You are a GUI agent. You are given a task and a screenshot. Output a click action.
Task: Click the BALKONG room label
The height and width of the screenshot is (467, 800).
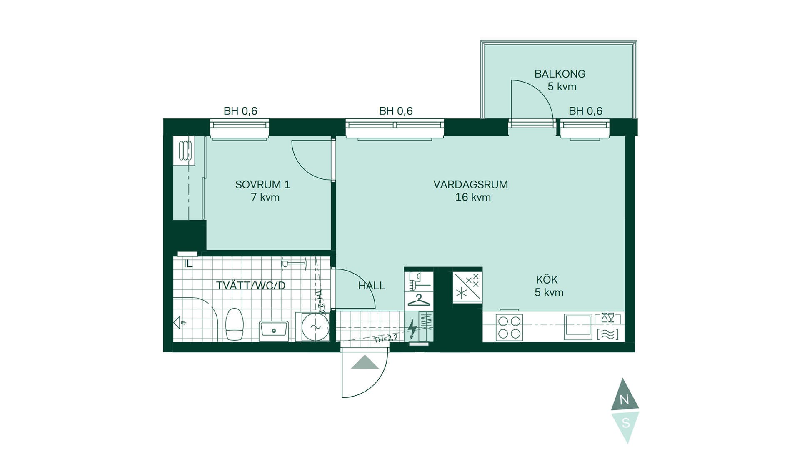560,74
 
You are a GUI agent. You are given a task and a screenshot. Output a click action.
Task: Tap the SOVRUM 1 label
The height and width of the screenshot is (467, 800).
262,184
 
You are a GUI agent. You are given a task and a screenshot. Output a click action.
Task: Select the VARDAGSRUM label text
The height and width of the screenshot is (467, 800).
470,184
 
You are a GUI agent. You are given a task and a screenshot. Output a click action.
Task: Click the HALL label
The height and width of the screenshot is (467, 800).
372,286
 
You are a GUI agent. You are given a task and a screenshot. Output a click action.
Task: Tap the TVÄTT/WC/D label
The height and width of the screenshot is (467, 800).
251,286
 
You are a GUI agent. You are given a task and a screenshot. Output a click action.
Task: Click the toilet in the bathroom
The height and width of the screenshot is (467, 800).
234,324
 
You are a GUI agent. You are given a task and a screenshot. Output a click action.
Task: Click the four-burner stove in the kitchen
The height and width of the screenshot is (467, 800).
509,327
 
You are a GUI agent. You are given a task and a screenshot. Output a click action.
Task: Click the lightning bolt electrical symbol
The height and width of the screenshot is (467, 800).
412,329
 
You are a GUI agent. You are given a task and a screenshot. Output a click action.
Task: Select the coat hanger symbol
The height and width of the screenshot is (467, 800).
419,300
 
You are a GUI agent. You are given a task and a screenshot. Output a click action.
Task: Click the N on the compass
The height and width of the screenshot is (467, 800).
624,400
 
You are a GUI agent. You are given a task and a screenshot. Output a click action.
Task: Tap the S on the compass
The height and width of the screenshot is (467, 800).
625,423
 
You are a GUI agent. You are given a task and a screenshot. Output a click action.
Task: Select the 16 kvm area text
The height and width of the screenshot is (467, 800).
473,197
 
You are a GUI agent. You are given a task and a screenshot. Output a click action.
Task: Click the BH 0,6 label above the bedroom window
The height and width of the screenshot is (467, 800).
240,111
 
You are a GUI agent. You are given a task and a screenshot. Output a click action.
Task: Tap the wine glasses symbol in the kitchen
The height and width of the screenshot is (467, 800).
608,317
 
